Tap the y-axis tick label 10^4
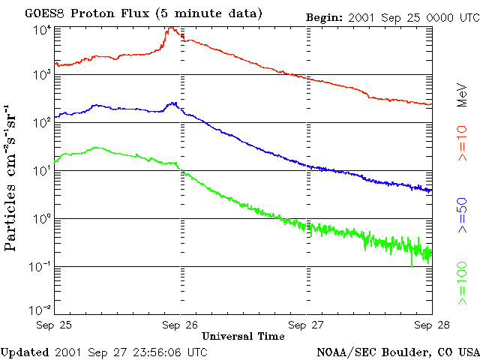41,30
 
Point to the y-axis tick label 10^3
41,76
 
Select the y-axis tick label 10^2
41,122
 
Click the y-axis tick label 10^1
41,171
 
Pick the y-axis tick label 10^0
41,219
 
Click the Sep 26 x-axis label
180,325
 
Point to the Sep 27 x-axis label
305,325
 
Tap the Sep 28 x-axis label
430,325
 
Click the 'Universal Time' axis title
243,336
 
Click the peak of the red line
172,28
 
